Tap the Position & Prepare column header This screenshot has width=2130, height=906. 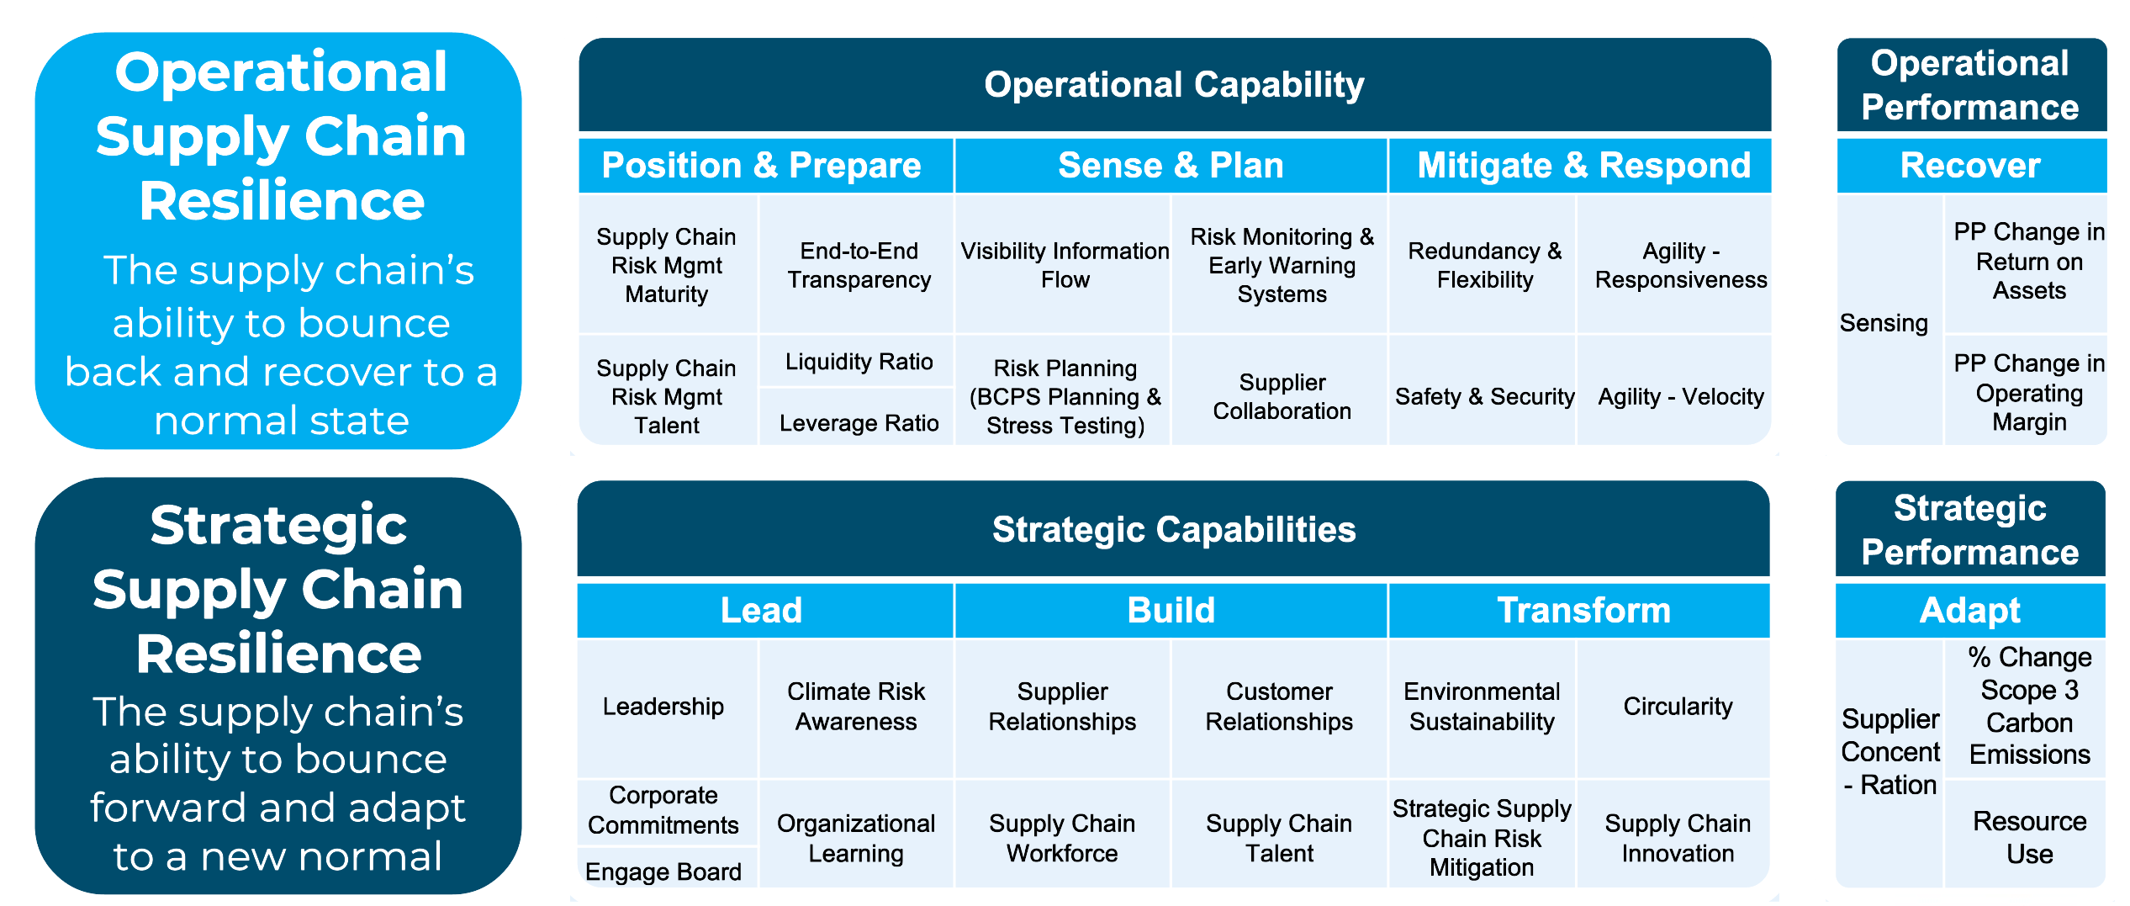coord(766,166)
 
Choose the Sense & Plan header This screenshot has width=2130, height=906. coord(1171,166)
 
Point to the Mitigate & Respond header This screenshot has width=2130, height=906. coord(1580,166)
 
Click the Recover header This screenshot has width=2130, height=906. coord(1971,166)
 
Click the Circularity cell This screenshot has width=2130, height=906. coord(1673,707)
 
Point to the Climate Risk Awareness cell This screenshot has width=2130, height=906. coord(857,707)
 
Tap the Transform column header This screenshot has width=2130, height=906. coord(1579,610)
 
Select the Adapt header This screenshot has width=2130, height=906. coord(1970,610)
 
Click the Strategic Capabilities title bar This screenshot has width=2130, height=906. coord(1174,529)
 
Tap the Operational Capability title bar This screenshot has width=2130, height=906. coord(1175,84)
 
